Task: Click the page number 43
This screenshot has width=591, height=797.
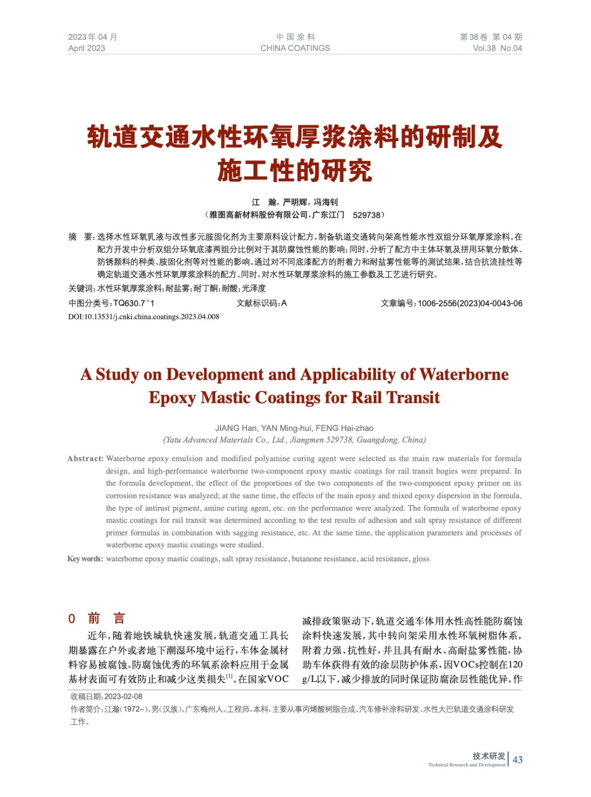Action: [x=517, y=760]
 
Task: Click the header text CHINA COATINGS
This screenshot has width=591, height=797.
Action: [x=295, y=48]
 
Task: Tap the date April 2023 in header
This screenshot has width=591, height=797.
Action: [x=87, y=48]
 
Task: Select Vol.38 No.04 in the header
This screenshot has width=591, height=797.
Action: [x=497, y=48]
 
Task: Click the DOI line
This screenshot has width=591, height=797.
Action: [x=143, y=317]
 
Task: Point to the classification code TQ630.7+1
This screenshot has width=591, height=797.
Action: [x=134, y=303]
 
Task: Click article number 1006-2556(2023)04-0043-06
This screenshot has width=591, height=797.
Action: [x=470, y=303]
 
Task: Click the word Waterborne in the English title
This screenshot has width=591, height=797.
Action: [x=464, y=375]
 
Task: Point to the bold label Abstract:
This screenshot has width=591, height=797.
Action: [x=85, y=459]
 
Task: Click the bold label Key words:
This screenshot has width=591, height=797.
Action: [x=85, y=559]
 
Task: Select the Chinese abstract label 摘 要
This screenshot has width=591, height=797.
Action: [x=81, y=237]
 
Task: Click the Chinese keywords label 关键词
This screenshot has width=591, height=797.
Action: [x=81, y=288]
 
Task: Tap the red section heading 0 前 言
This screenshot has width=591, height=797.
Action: [x=97, y=619]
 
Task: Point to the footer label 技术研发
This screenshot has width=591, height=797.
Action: [x=488, y=756]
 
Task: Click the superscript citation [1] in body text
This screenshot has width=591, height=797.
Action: [x=230, y=676]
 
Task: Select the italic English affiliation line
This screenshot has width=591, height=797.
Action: [x=294, y=440]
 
